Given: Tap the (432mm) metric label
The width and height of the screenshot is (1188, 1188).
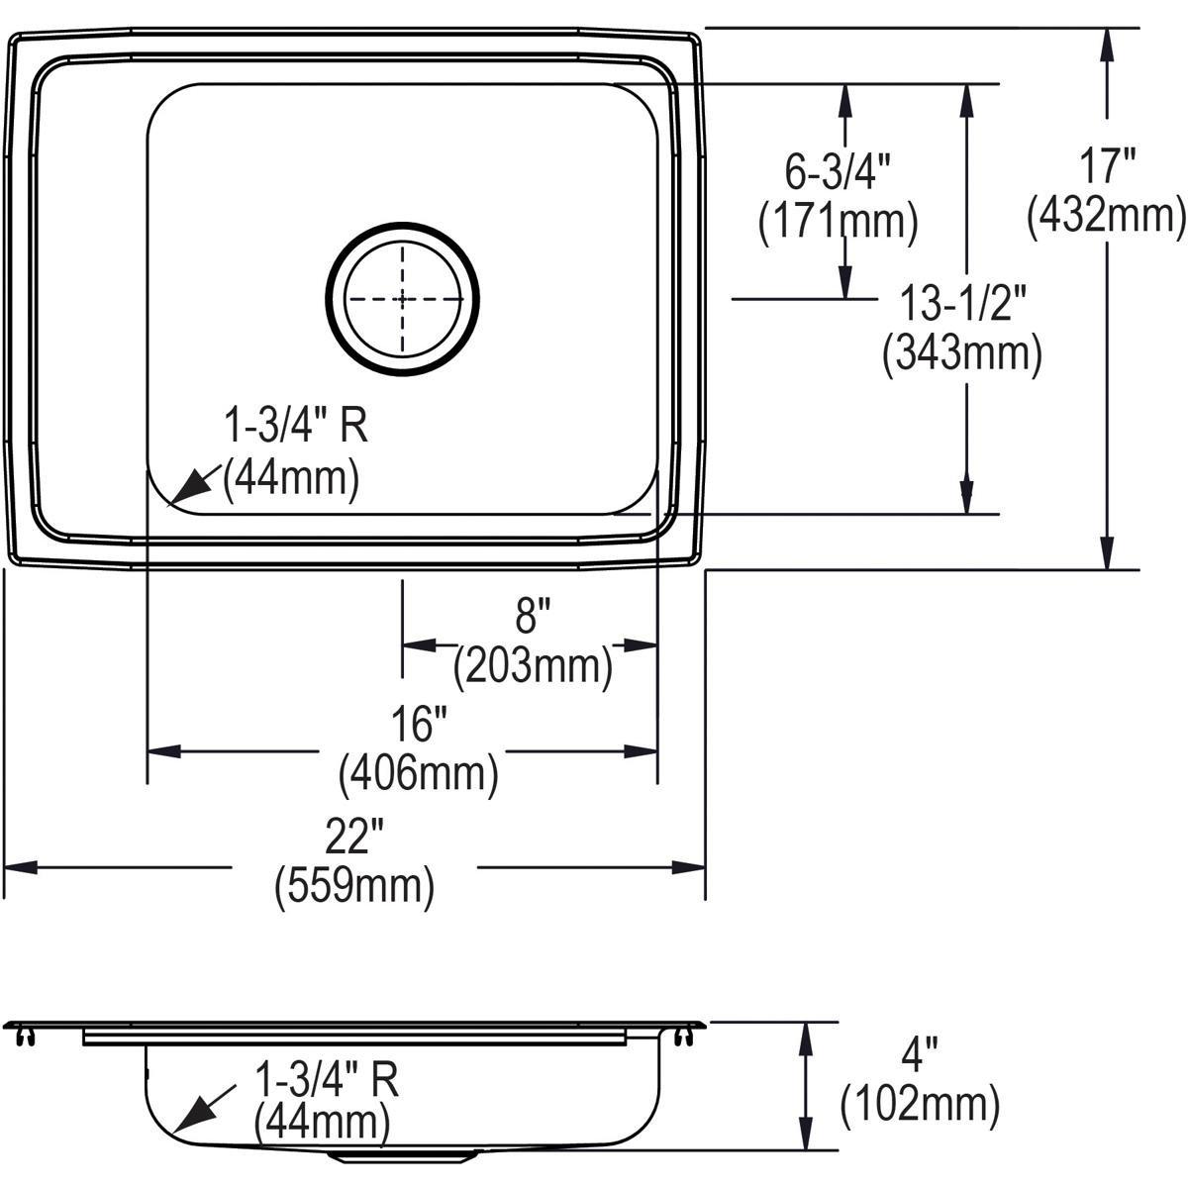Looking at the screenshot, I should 1106,216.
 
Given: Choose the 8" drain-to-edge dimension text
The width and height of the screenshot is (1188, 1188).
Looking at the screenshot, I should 532,620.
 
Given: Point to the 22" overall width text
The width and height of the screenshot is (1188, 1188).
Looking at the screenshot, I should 353,841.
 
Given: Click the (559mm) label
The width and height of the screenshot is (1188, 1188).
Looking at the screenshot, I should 353,886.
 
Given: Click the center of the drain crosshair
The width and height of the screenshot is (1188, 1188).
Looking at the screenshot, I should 402,298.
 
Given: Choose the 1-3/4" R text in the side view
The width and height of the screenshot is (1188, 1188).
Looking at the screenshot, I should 327,1080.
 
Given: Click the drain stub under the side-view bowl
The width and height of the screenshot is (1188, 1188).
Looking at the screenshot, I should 402,1155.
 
